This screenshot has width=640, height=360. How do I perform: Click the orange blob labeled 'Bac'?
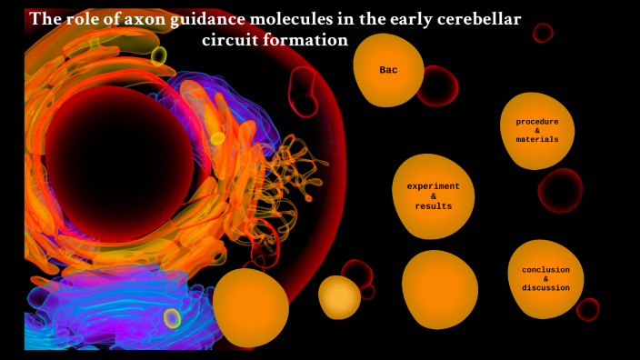tap(388, 70)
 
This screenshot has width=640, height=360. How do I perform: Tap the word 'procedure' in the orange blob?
tap(537, 121)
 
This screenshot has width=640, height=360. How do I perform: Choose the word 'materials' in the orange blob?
tap(537, 139)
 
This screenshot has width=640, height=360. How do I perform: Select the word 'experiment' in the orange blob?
tap(434, 186)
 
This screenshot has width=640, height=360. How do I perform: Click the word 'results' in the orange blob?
tap(434, 206)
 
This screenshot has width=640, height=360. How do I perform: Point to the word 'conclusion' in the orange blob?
tap(545, 269)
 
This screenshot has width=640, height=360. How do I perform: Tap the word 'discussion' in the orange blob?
tap(545, 287)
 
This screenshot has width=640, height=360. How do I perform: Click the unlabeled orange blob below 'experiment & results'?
tap(440, 290)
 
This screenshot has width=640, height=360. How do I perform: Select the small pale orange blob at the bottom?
tap(339, 297)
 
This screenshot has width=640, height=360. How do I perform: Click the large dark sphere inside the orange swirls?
tap(119, 164)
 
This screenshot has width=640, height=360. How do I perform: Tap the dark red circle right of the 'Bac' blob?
tap(438, 85)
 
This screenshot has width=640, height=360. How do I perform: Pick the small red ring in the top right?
tap(543, 33)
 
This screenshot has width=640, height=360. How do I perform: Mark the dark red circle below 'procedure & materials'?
tap(560, 190)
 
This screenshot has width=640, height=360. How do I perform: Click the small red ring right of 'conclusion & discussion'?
tap(588, 309)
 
